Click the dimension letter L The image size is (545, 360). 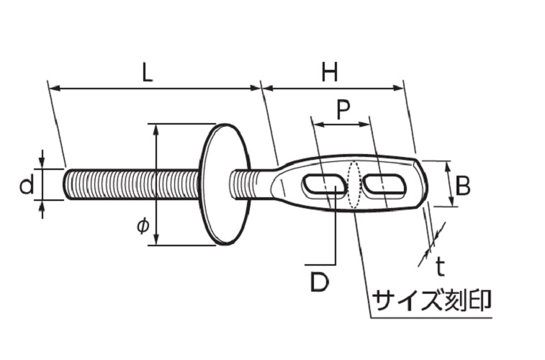tap(147, 73)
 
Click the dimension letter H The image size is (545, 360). tap(330, 73)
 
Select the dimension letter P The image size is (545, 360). tap(343, 109)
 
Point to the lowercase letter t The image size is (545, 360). tap(440, 267)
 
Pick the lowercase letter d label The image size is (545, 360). tap(26, 186)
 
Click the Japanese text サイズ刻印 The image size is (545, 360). tap(431, 300)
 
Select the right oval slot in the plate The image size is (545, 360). tap(386, 185)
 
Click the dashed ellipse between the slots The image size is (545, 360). tap(353, 184)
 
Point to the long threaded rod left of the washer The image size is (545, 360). tap(130, 184)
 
